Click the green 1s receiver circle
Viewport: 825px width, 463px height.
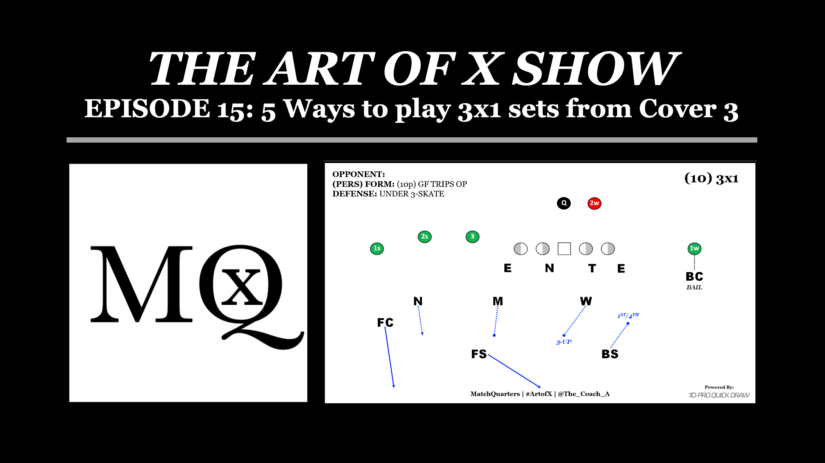coord(377,249)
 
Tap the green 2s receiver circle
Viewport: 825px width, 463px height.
coord(425,237)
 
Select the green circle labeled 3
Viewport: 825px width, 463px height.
coord(472,237)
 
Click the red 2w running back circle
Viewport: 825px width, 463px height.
coord(594,204)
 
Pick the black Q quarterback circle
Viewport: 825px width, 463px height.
coord(564,203)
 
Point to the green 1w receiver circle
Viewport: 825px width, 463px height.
coord(694,249)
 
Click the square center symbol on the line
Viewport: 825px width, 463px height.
coord(564,249)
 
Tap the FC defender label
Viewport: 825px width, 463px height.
coord(385,322)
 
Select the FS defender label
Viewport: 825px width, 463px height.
coord(479,354)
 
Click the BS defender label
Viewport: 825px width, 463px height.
coord(610,354)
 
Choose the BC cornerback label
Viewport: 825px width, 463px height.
coord(694,277)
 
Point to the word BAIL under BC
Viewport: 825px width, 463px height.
coord(694,287)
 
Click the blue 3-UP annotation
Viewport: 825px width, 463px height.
coord(564,342)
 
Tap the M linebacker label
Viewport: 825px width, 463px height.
coord(498,301)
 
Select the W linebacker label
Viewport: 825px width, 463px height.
coord(586,301)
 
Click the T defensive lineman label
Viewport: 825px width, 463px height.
coord(592,268)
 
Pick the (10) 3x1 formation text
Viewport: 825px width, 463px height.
coord(712,178)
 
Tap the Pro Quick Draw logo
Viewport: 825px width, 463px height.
coord(719,395)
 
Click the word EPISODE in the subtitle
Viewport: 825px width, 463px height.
coord(147,109)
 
